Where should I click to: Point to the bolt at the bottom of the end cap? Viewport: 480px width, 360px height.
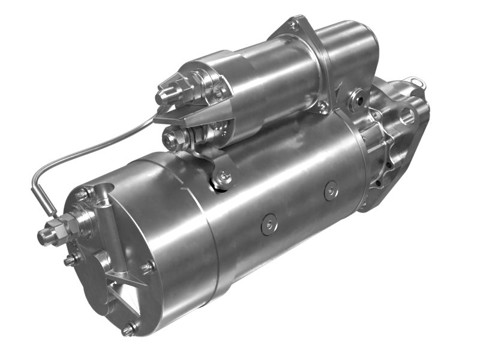(128, 329)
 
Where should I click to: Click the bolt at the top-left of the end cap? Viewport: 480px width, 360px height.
(82, 194)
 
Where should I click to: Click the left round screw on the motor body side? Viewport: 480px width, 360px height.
(269, 225)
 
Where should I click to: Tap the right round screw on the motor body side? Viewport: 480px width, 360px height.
(331, 191)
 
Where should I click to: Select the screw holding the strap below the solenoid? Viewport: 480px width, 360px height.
(224, 177)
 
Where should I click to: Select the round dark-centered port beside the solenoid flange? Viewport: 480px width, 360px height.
(360, 98)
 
